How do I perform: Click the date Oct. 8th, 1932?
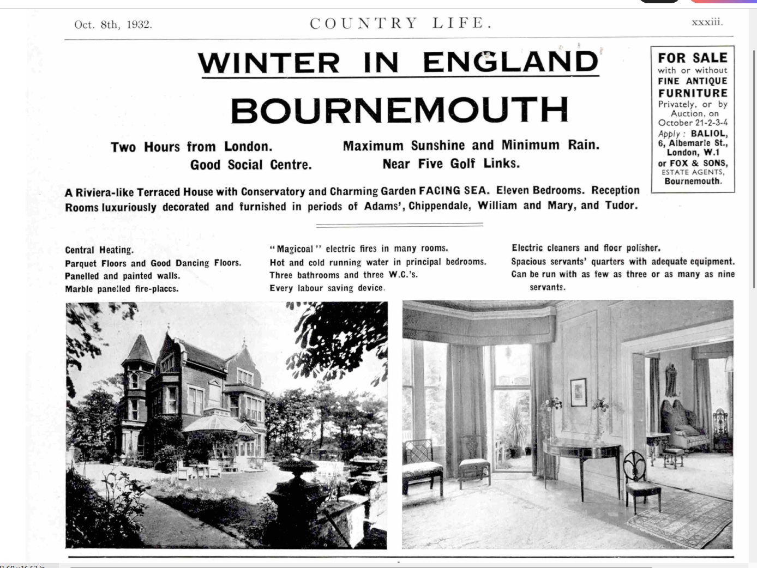(x=113, y=25)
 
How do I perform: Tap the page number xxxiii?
(x=707, y=22)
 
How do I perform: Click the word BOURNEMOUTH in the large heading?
(x=399, y=111)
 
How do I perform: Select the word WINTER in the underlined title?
(x=269, y=63)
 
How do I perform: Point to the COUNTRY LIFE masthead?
(x=401, y=23)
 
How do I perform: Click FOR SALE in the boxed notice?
(x=692, y=58)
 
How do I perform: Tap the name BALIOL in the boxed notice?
(x=709, y=134)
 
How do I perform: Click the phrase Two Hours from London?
(x=191, y=147)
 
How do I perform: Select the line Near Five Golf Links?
(x=450, y=164)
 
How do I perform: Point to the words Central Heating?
(x=99, y=250)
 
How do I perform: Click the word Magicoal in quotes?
(x=295, y=249)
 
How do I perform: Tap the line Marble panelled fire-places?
(x=122, y=289)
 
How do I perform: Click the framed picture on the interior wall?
(x=578, y=392)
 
